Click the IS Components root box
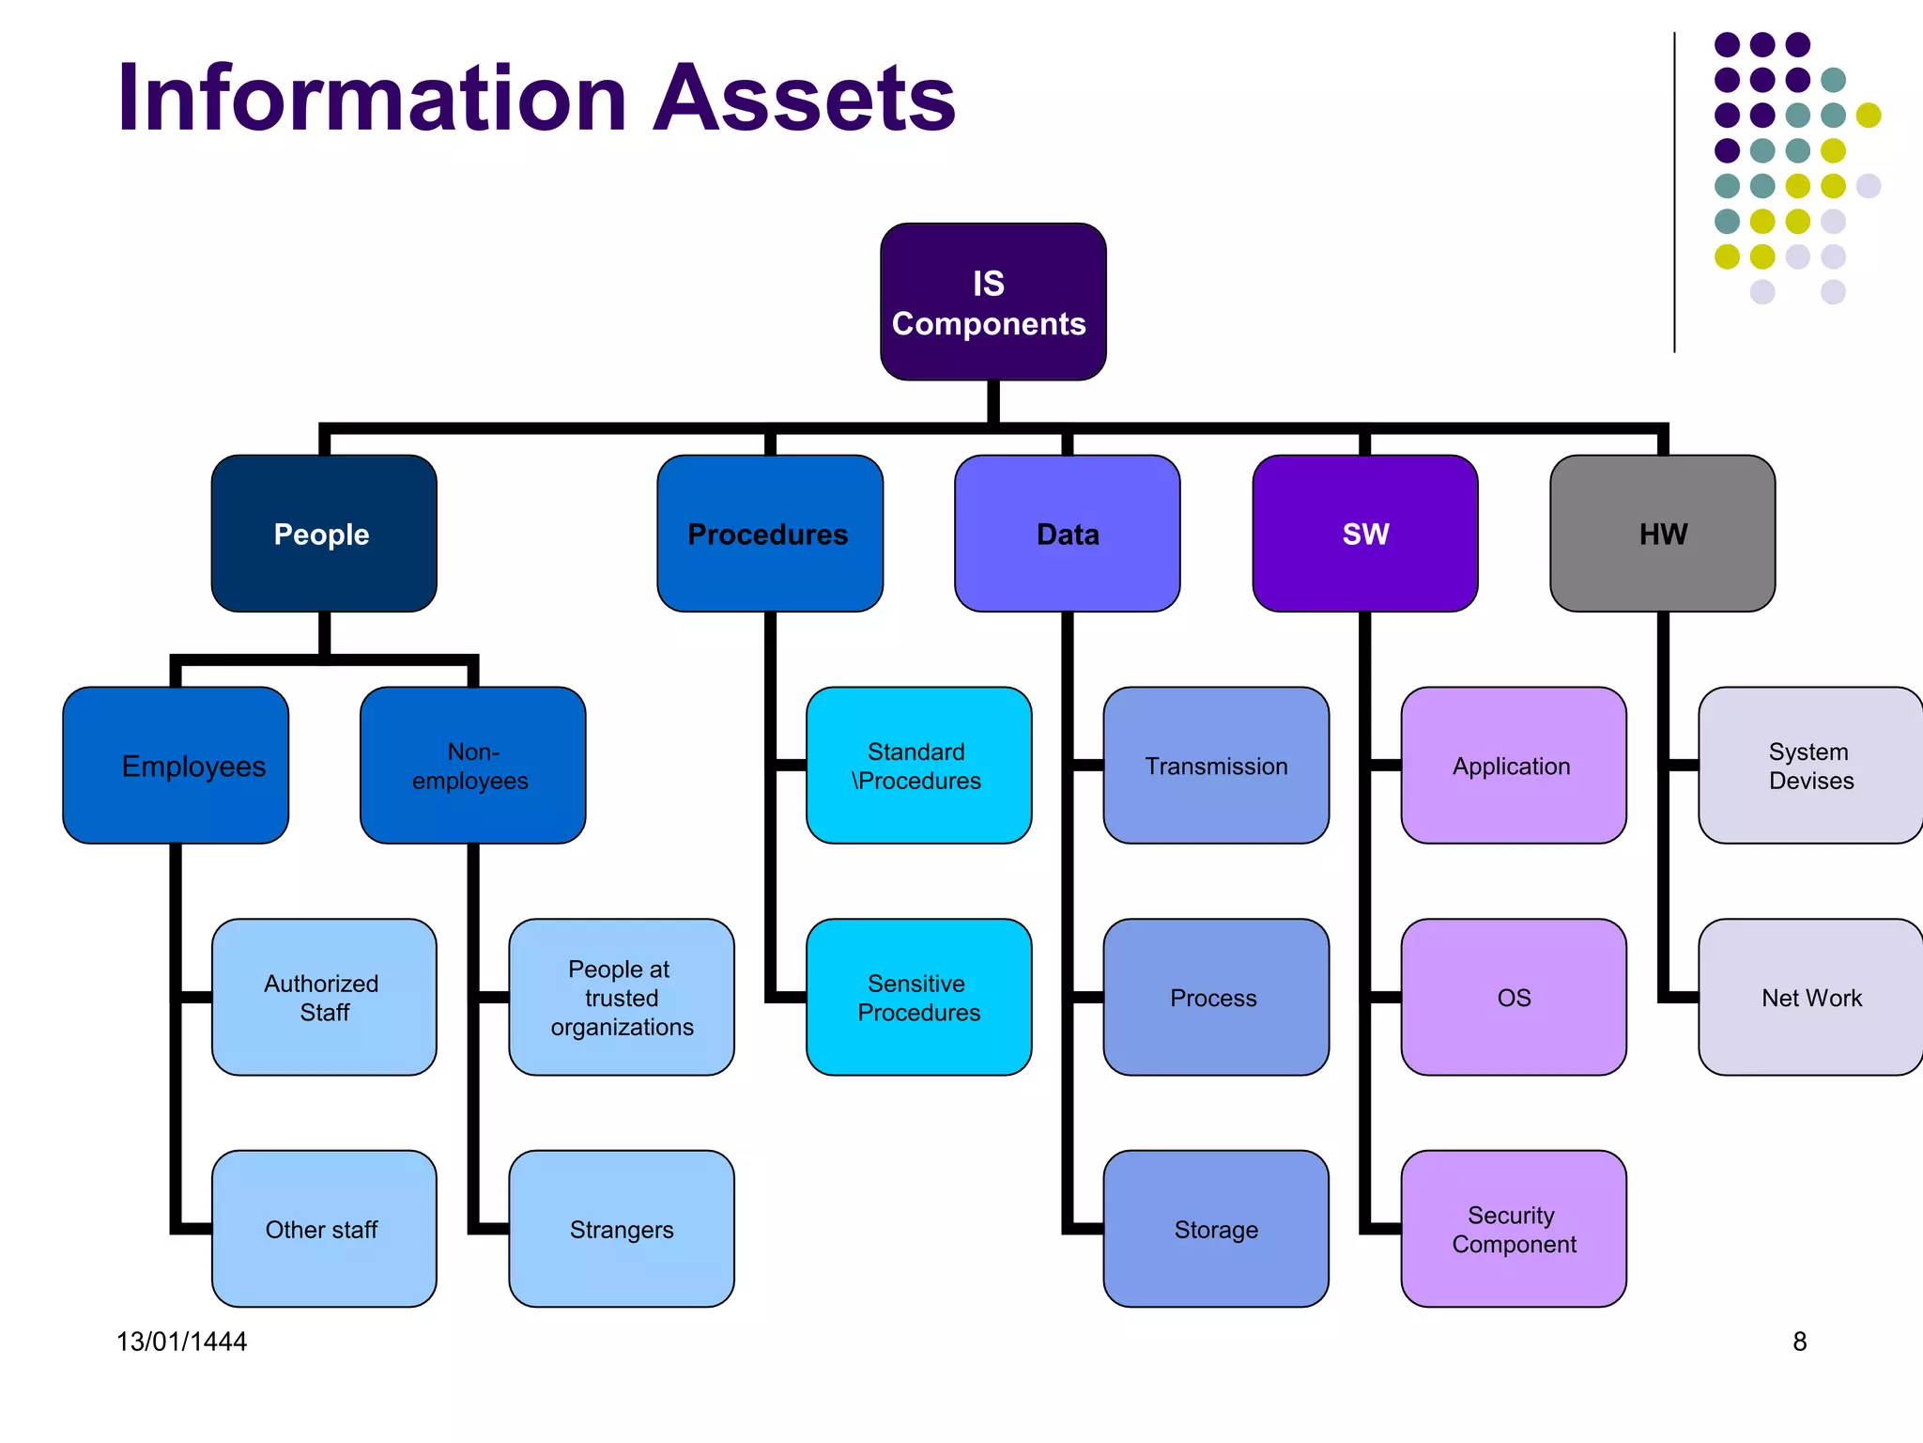pyautogui.click(x=992, y=302)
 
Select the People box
pyautogui.click(x=324, y=534)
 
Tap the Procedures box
pyautogui.click(x=769, y=534)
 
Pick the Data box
pyautogui.click(x=1067, y=534)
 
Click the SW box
pyautogui.click(x=1364, y=534)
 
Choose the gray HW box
pyautogui.click(x=1662, y=534)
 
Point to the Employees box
pyautogui.click(x=176, y=766)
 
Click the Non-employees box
pyautogui.click(x=472, y=766)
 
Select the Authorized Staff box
pyautogui.click(x=324, y=997)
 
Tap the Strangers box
pyautogui.click(x=622, y=1229)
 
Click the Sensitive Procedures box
pyautogui.click(x=918, y=997)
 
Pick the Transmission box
pyautogui.click(x=1216, y=766)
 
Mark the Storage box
pyautogui.click(x=1216, y=1229)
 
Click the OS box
pyautogui.click(x=1514, y=997)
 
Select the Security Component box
pyautogui.click(x=1514, y=1229)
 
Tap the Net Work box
pyautogui.click(x=1810, y=997)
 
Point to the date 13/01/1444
pyautogui.click(x=181, y=1342)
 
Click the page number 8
pyautogui.click(x=1799, y=1342)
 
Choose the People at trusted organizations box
pyautogui.click(x=622, y=997)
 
